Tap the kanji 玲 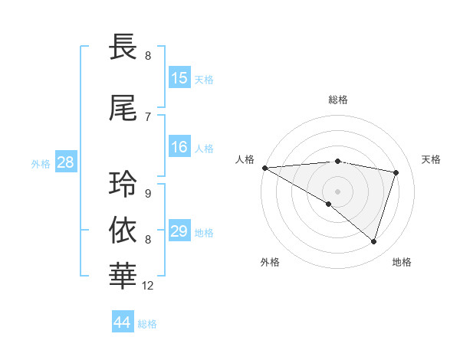(x=123, y=184)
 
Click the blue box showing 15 (x=179, y=78)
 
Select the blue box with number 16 (x=179, y=147)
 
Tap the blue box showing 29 (x=179, y=231)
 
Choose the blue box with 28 (x=65, y=162)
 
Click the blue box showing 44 (x=123, y=322)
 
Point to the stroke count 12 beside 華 (x=148, y=286)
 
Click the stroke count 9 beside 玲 (x=147, y=193)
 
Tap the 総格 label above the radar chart (x=337, y=100)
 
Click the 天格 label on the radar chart (x=432, y=159)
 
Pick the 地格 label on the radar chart (x=402, y=262)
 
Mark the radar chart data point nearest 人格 (x=264, y=167)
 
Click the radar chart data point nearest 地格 (x=374, y=242)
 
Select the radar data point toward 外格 (x=329, y=204)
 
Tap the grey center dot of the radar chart (x=337, y=190)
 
